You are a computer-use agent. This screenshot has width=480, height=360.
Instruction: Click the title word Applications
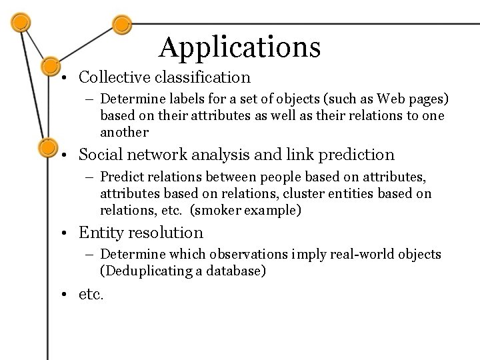pyautogui.click(x=240, y=47)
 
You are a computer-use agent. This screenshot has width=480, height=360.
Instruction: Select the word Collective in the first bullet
pyautogui.click(x=108, y=77)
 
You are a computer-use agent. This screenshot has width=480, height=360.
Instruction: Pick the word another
pyautogui.click(x=123, y=131)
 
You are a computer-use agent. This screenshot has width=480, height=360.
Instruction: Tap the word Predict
pyautogui.click(x=124, y=178)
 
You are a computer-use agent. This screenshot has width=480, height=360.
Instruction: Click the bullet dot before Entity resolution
pyautogui.click(x=69, y=233)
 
